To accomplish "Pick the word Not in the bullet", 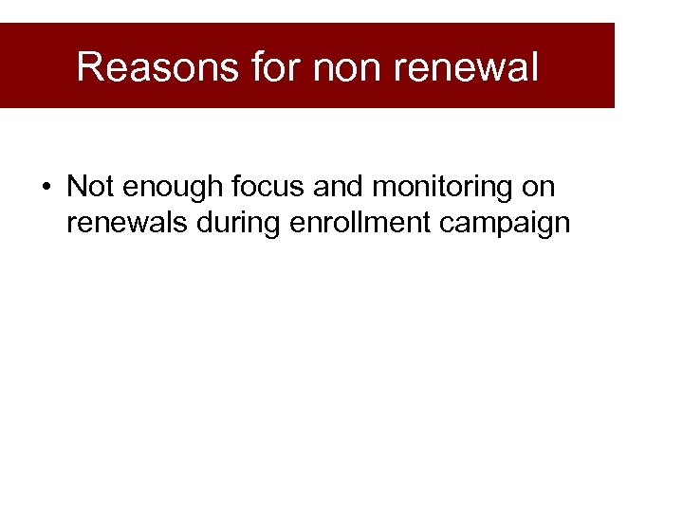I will (89, 187).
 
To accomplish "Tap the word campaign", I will (504, 223).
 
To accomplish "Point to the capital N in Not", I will (76, 187).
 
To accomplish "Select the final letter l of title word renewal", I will (534, 67).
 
